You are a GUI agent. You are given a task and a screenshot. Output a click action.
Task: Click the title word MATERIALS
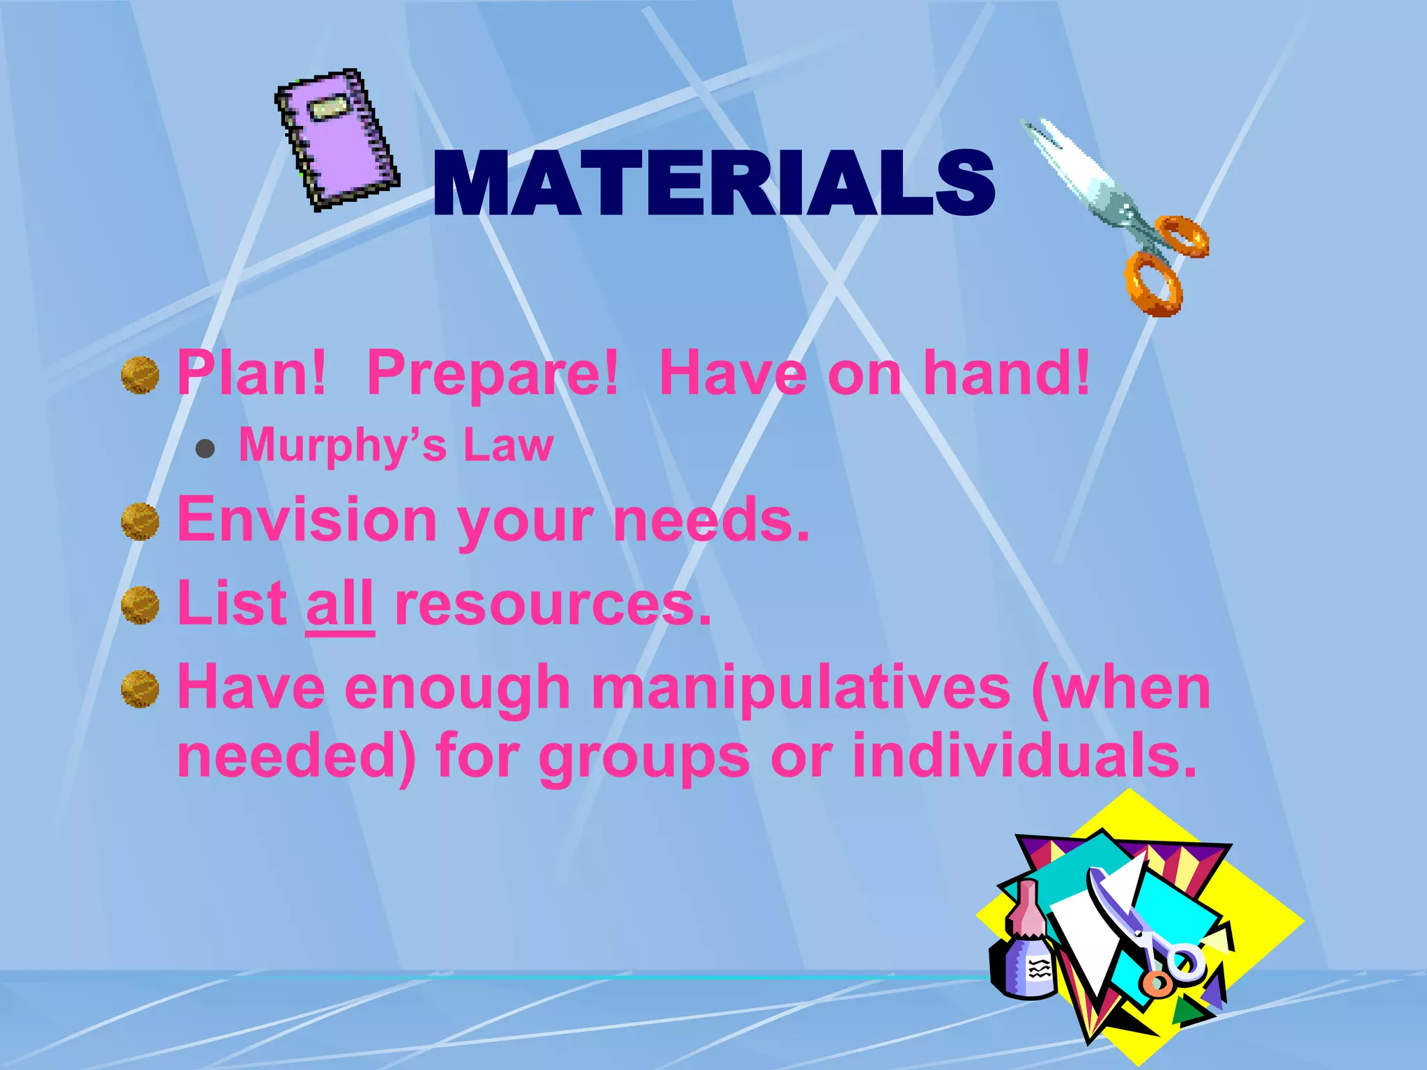pyautogui.click(x=713, y=184)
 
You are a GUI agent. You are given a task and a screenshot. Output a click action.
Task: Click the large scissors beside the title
pyautogui.click(x=1122, y=216)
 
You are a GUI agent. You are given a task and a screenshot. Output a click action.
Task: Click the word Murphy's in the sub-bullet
pyautogui.click(x=342, y=446)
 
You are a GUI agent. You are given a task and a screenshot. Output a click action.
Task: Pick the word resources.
pyautogui.click(x=553, y=604)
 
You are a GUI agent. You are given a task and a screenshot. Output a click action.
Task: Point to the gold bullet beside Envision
pyautogui.click(x=140, y=521)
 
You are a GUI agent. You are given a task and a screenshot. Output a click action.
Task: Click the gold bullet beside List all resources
pyautogui.click(x=140, y=605)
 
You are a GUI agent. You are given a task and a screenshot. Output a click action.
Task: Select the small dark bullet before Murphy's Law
pyautogui.click(x=205, y=449)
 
